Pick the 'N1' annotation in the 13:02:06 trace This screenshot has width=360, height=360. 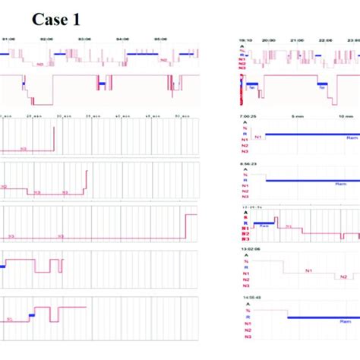tap(309, 270)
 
